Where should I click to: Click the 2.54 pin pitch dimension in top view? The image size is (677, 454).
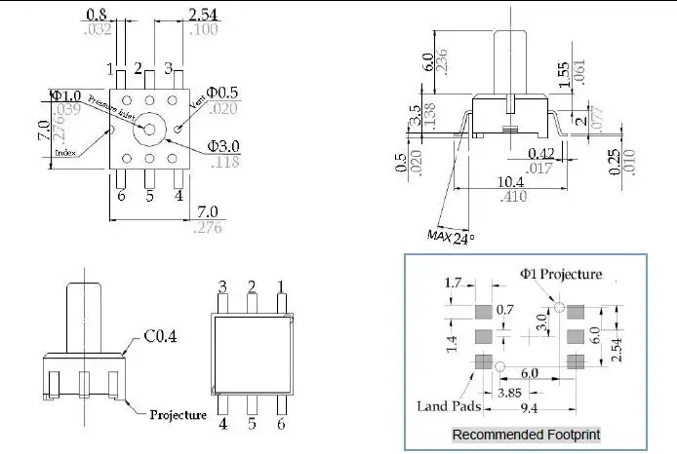[203, 15]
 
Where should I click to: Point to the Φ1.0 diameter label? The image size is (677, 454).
[66, 95]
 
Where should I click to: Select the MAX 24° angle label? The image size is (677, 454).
[449, 235]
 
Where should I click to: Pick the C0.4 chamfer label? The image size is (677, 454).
[161, 337]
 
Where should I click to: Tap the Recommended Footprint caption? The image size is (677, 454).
[526, 434]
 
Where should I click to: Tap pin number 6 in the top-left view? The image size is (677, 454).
[122, 196]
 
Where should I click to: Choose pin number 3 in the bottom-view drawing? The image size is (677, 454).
[222, 286]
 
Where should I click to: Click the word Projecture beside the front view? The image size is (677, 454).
[178, 415]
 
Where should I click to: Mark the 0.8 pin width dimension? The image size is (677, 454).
[97, 15]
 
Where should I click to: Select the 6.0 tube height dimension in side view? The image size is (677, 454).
[427, 62]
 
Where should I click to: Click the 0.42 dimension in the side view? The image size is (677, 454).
[540, 153]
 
